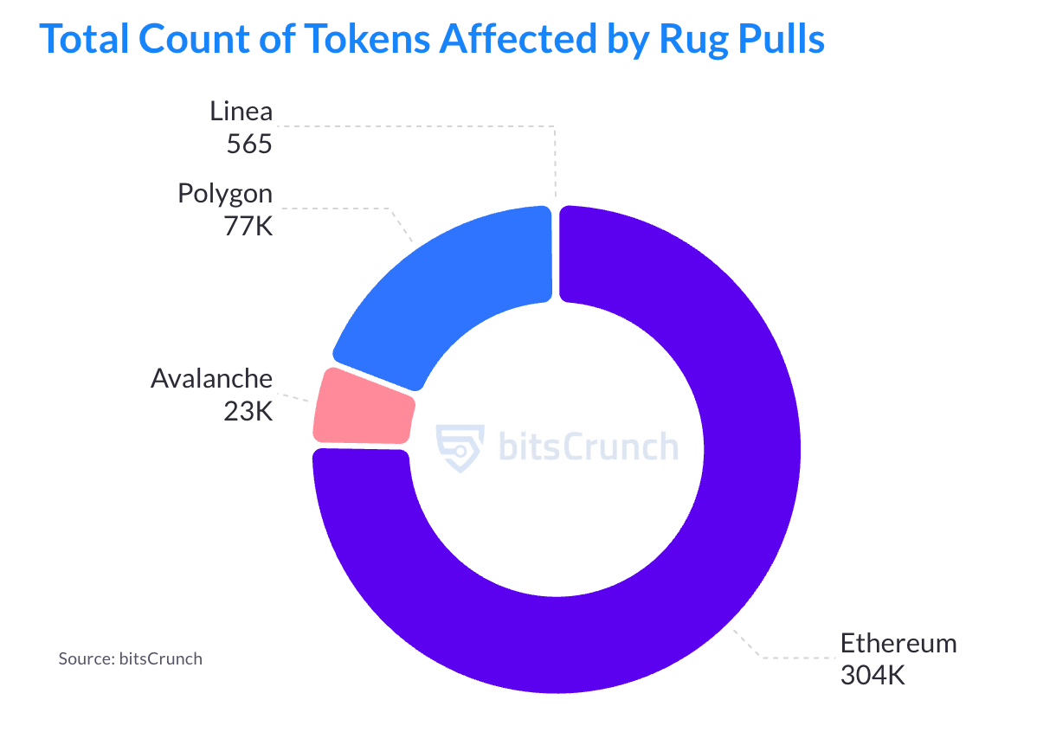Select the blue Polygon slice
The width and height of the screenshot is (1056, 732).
[x=450, y=286]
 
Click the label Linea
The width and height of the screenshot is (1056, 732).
[x=241, y=111]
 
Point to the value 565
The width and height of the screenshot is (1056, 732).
[x=249, y=144]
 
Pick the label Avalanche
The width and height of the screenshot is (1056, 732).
[x=211, y=378]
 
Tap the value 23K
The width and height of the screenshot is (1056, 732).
[x=248, y=411]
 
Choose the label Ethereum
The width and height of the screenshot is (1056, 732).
[x=898, y=643]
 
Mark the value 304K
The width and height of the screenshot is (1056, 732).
[x=872, y=675]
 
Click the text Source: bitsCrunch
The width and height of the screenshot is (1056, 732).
[x=130, y=658]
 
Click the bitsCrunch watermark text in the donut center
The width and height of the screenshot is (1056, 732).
[x=589, y=447]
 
